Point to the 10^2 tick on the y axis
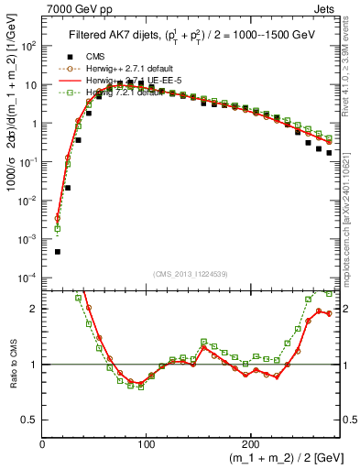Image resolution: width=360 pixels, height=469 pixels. point(28,46)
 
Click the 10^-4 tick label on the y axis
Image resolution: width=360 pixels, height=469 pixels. point(27,278)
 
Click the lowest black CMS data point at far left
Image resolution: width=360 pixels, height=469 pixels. point(57,251)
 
